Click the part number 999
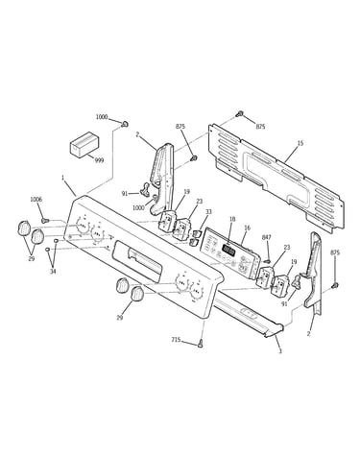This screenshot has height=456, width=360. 99,160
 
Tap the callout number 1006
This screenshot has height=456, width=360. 36,200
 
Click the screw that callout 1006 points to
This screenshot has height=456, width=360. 44,220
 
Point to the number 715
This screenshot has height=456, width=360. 177,340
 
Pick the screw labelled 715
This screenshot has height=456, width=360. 201,344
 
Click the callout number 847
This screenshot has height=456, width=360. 267,237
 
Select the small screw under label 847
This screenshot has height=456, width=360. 268,261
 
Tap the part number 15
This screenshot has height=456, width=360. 300,143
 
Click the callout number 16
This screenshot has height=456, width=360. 247,228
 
